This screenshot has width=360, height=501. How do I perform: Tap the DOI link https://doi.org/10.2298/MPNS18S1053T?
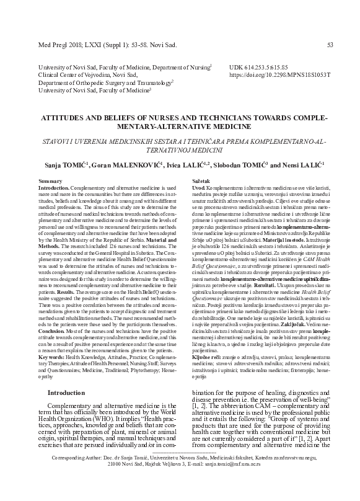pos(279,74)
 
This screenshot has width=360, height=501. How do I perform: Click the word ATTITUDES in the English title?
pos(50,117)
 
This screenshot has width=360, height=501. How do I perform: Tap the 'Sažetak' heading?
pos(203,180)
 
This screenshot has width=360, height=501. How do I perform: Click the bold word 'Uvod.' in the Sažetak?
pos(199,187)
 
